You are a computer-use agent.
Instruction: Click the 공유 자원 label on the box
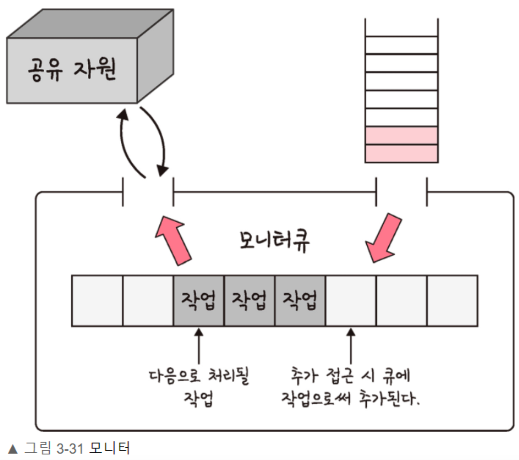tap(72, 70)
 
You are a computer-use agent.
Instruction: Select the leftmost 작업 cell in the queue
tap(198, 301)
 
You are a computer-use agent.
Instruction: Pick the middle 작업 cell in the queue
tap(249, 301)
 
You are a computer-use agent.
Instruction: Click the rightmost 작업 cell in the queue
tap(300, 301)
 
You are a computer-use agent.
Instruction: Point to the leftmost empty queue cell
tap(97, 301)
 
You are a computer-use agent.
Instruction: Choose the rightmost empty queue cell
tap(452, 301)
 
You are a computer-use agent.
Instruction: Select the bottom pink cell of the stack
tap(402, 153)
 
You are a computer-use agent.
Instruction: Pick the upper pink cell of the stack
tap(402, 136)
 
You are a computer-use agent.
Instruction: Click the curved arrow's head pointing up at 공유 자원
tap(123, 114)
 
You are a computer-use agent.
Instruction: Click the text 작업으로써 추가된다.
tap(351, 399)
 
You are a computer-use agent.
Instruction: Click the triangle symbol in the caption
tap(13, 449)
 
